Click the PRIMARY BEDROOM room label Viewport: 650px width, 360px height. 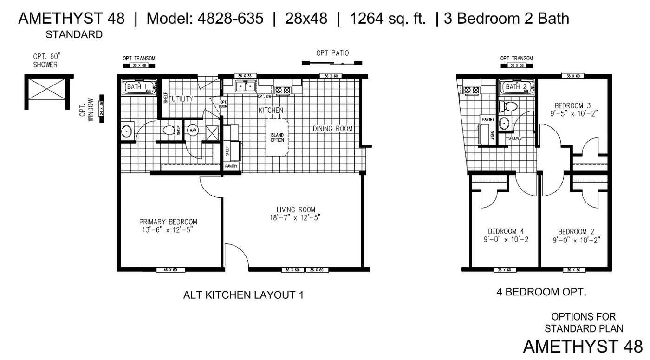pyautogui.click(x=168, y=222)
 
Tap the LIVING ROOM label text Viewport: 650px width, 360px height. pyautogui.click(x=296, y=210)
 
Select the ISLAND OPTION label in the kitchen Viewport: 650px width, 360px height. pyautogui.click(x=277, y=137)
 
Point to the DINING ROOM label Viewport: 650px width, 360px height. pyautogui.click(x=332, y=129)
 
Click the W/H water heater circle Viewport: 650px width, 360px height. pyautogui.click(x=193, y=131)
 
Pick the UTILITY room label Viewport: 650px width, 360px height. pyautogui.click(x=182, y=99)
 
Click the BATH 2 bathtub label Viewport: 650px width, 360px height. pyautogui.click(x=516, y=87)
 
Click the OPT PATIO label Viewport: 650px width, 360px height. pyautogui.click(x=332, y=53)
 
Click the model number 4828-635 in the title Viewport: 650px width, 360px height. pyautogui.click(x=231, y=19)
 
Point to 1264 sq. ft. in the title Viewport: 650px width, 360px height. pyautogui.click(x=388, y=19)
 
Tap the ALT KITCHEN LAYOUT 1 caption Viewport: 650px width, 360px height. pyautogui.click(x=243, y=295)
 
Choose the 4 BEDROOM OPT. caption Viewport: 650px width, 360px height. pyautogui.click(x=542, y=292)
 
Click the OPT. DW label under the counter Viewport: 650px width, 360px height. pyautogui.click(x=265, y=96)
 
